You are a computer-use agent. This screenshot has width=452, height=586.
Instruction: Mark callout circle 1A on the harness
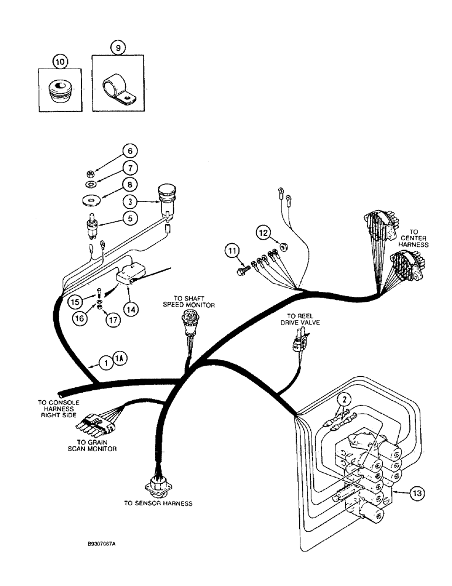119,362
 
